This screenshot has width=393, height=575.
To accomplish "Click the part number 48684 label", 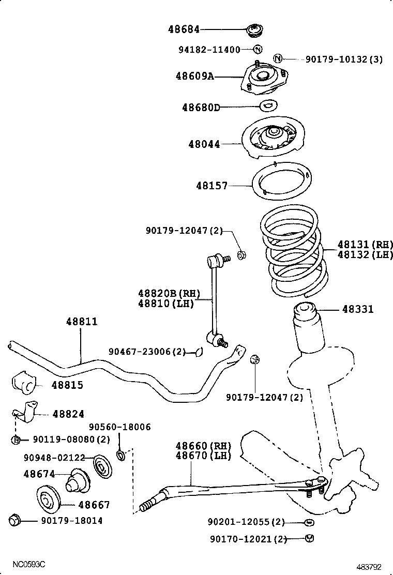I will coord(184,30).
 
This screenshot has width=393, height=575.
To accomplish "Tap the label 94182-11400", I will coord(209,50).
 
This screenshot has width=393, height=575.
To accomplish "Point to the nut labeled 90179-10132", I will coord(278,59).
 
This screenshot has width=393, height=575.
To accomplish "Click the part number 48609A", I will coord(194,76).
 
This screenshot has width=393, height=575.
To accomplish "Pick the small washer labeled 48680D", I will coord(268,106).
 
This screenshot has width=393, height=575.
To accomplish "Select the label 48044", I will coord(204,144).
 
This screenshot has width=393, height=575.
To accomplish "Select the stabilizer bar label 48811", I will coord(81,322).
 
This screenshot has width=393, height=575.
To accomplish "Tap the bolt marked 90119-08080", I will coord(16,440).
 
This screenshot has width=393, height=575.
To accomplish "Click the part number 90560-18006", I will coord(119,427).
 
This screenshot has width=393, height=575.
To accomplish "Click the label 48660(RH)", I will coord(203,446).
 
